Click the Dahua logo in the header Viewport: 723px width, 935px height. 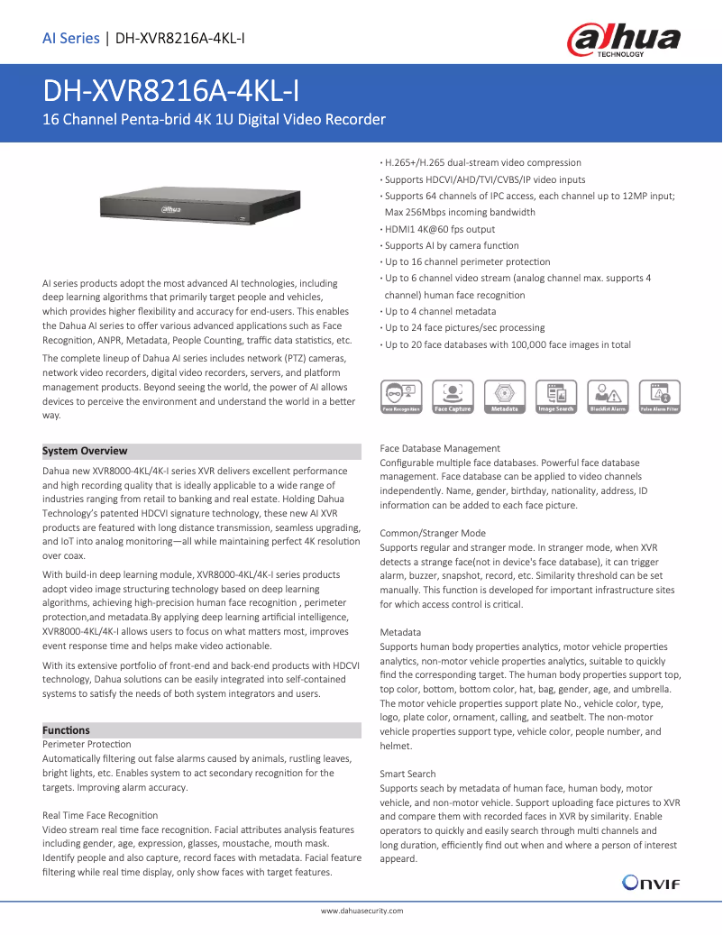622,41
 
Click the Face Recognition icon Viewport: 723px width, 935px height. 401,397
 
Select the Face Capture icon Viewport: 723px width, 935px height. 453,397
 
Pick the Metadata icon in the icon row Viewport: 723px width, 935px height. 504,397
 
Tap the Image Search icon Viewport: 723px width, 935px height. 555,397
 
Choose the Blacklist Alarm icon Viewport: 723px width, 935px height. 608,397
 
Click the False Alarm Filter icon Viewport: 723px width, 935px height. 659,397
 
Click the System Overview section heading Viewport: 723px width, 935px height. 85,451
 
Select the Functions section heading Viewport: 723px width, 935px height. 66,729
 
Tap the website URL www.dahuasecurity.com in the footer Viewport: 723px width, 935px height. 361,912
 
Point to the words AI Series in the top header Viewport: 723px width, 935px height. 70,38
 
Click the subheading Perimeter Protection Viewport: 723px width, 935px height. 87,744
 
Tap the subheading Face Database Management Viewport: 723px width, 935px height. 440,448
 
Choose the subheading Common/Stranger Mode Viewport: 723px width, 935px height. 433,533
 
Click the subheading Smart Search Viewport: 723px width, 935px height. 407,774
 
